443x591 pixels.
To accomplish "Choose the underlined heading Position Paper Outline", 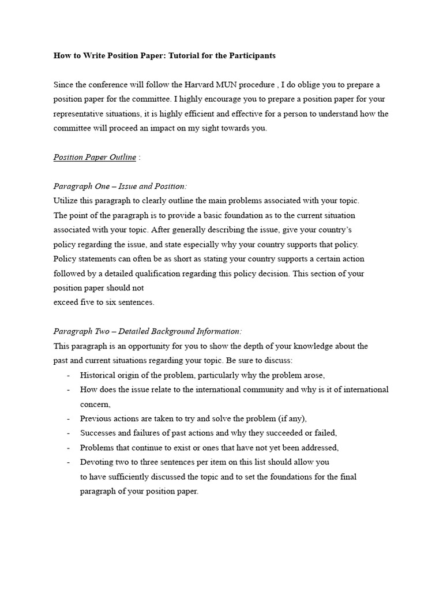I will [95, 157].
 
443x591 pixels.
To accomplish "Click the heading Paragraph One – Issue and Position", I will [120, 186].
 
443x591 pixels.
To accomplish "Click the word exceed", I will [66, 302].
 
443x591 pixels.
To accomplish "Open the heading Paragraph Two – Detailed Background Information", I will [148, 331].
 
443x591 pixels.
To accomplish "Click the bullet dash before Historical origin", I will [69, 375].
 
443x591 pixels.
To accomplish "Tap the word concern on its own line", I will [95, 404].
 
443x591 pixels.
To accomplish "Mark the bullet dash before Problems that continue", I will [69, 447].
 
